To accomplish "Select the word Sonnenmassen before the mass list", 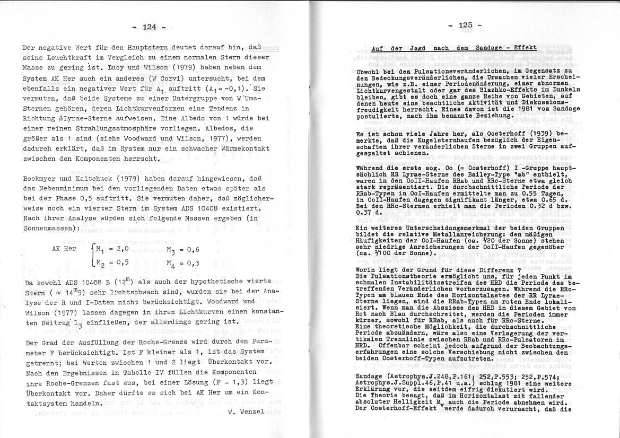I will tap(47, 228).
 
